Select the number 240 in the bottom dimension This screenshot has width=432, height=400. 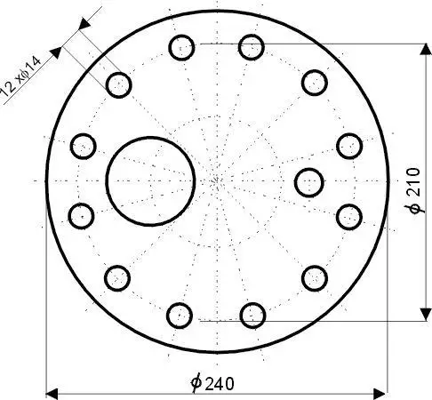pos(220,383)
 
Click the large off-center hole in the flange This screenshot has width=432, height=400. pos(150,181)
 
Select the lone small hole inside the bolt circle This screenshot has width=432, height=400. pos(308,181)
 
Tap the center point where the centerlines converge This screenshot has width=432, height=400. pos(218,181)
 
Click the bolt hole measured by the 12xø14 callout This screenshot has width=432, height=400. pos(118,85)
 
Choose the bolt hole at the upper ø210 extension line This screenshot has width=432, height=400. pos(252,46)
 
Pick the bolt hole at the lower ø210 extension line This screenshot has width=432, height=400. pos(252,313)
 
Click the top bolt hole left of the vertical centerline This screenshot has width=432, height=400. pos(181,46)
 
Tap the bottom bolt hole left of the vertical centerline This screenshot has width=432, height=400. pos(180,314)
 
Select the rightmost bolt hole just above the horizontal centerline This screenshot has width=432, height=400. pos(348,145)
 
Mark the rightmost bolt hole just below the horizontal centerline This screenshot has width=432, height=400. pos(349,215)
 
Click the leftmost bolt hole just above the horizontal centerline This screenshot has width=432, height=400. pos(83,145)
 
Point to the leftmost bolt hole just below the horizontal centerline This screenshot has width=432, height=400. pos(82,215)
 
